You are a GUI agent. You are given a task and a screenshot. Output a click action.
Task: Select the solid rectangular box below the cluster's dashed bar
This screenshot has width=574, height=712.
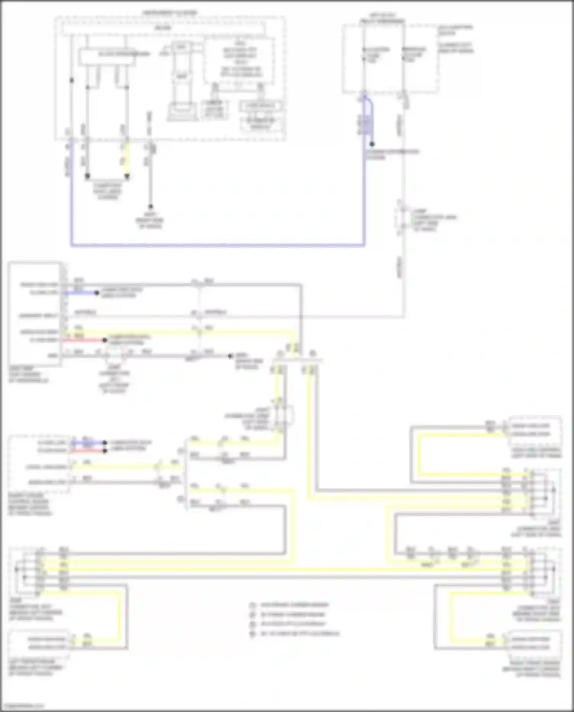(x=107, y=56)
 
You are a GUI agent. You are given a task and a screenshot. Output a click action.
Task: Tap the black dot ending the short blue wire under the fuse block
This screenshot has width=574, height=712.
(x=372, y=144)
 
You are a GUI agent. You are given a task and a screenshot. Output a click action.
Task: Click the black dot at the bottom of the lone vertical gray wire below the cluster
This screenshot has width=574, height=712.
(x=150, y=207)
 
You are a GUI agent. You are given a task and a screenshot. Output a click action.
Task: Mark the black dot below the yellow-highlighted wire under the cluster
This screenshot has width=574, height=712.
(x=127, y=176)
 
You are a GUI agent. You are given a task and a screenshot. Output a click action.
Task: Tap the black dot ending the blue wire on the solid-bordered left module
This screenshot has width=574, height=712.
(x=97, y=293)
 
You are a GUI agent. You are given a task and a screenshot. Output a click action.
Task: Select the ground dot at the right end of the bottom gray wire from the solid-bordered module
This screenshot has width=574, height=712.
(x=230, y=356)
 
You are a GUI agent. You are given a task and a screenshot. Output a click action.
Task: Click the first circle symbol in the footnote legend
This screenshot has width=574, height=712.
(x=253, y=605)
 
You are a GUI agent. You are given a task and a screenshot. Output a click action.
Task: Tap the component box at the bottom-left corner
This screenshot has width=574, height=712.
(x=38, y=643)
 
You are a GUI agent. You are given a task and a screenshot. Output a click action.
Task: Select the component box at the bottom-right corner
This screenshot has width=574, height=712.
(x=534, y=643)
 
